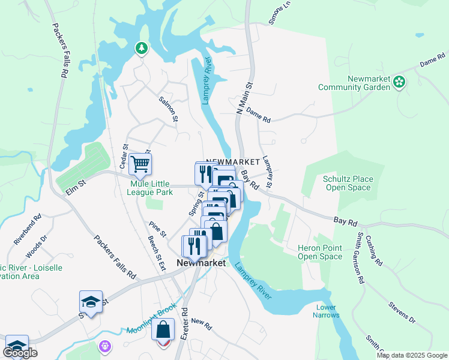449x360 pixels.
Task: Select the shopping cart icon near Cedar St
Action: coord(140,163)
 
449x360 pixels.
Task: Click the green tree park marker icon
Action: coord(142,47)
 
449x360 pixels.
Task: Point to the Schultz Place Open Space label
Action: coord(348,183)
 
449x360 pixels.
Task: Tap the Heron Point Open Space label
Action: coord(320,252)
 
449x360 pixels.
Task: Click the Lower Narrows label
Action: coord(327,311)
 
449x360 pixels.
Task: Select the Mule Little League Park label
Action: coord(150,188)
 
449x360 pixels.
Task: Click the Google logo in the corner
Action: coord(20,353)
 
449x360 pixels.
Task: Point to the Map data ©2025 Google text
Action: coord(411,355)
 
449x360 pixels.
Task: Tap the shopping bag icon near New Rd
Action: coord(163,330)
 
